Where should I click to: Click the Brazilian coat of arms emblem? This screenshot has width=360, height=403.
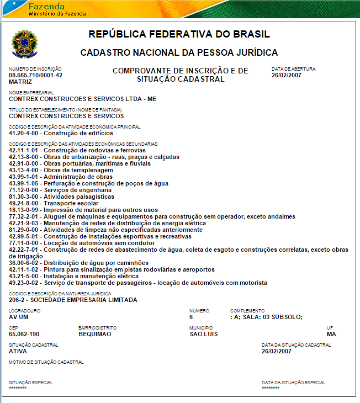click(24, 44)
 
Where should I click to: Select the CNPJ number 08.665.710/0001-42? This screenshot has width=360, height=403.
click(36, 75)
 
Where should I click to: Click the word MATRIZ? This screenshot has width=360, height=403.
click(20, 81)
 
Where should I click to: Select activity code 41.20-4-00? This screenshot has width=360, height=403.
click(25, 133)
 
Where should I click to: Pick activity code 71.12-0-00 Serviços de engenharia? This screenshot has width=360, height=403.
click(60, 190)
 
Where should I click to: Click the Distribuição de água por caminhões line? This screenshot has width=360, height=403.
click(79, 263)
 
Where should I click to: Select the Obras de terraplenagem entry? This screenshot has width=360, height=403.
click(61, 170)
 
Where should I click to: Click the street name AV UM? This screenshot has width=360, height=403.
click(19, 317)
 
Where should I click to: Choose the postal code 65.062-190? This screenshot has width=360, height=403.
click(24, 334)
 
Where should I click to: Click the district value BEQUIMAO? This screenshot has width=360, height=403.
click(94, 334)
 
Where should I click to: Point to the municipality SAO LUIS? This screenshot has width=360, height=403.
click(204, 334)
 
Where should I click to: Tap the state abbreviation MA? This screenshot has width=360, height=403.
click(331, 334)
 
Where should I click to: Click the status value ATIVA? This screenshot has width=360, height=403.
click(18, 351)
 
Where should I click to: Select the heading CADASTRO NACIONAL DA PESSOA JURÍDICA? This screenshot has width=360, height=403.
click(179, 53)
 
